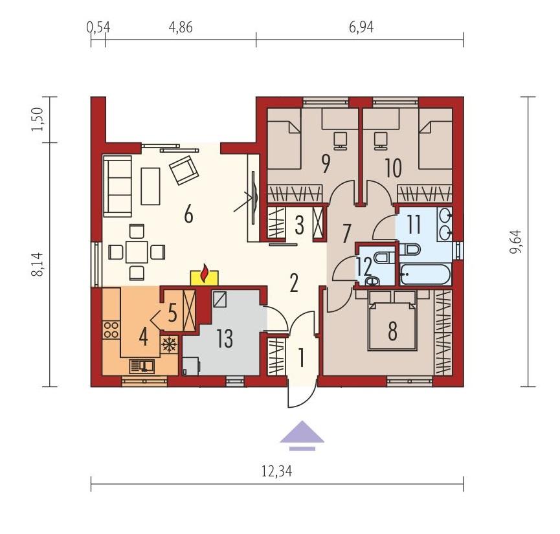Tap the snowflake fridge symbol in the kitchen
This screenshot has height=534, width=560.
[x=169, y=345]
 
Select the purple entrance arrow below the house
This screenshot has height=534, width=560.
[x=302, y=436]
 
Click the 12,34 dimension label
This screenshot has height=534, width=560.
[x=277, y=471]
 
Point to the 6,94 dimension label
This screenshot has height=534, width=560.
[x=361, y=27]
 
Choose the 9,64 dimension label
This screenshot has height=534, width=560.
[x=516, y=241]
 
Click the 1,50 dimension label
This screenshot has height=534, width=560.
[x=37, y=119]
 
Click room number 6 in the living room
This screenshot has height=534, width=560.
[x=188, y=215]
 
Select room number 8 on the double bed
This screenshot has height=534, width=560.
[x=392, y=331]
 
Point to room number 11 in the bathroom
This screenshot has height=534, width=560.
[x=414, y=225]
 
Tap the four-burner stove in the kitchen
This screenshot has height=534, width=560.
[x=111, y=330]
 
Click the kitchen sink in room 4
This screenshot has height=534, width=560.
[x=141, y=366]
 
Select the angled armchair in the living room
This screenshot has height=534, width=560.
[x=184, y=170]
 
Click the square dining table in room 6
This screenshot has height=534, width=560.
[x=137, y=252]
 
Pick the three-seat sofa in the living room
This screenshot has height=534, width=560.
[x=117, y=186]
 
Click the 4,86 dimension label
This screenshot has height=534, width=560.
[x=181, y=27]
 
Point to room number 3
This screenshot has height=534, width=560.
[x=299, y=226]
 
